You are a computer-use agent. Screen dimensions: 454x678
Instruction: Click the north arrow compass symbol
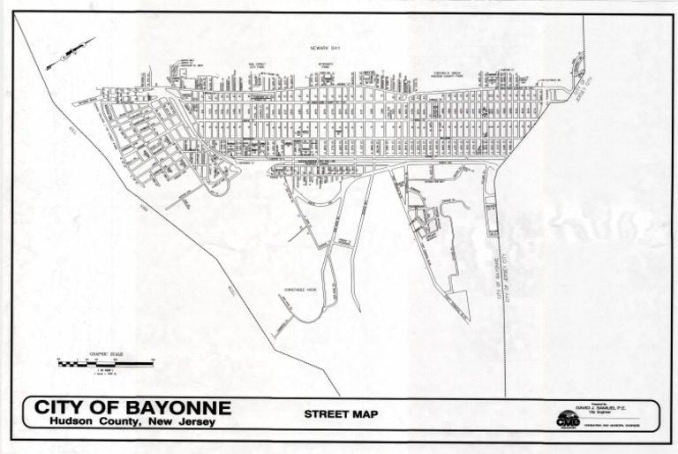tap(71, 54)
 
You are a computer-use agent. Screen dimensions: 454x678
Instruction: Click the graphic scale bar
tap(104, 362)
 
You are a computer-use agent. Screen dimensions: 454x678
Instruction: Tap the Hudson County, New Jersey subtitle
tap(132, 422)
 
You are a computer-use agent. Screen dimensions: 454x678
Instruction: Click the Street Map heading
tap(341, 413)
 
